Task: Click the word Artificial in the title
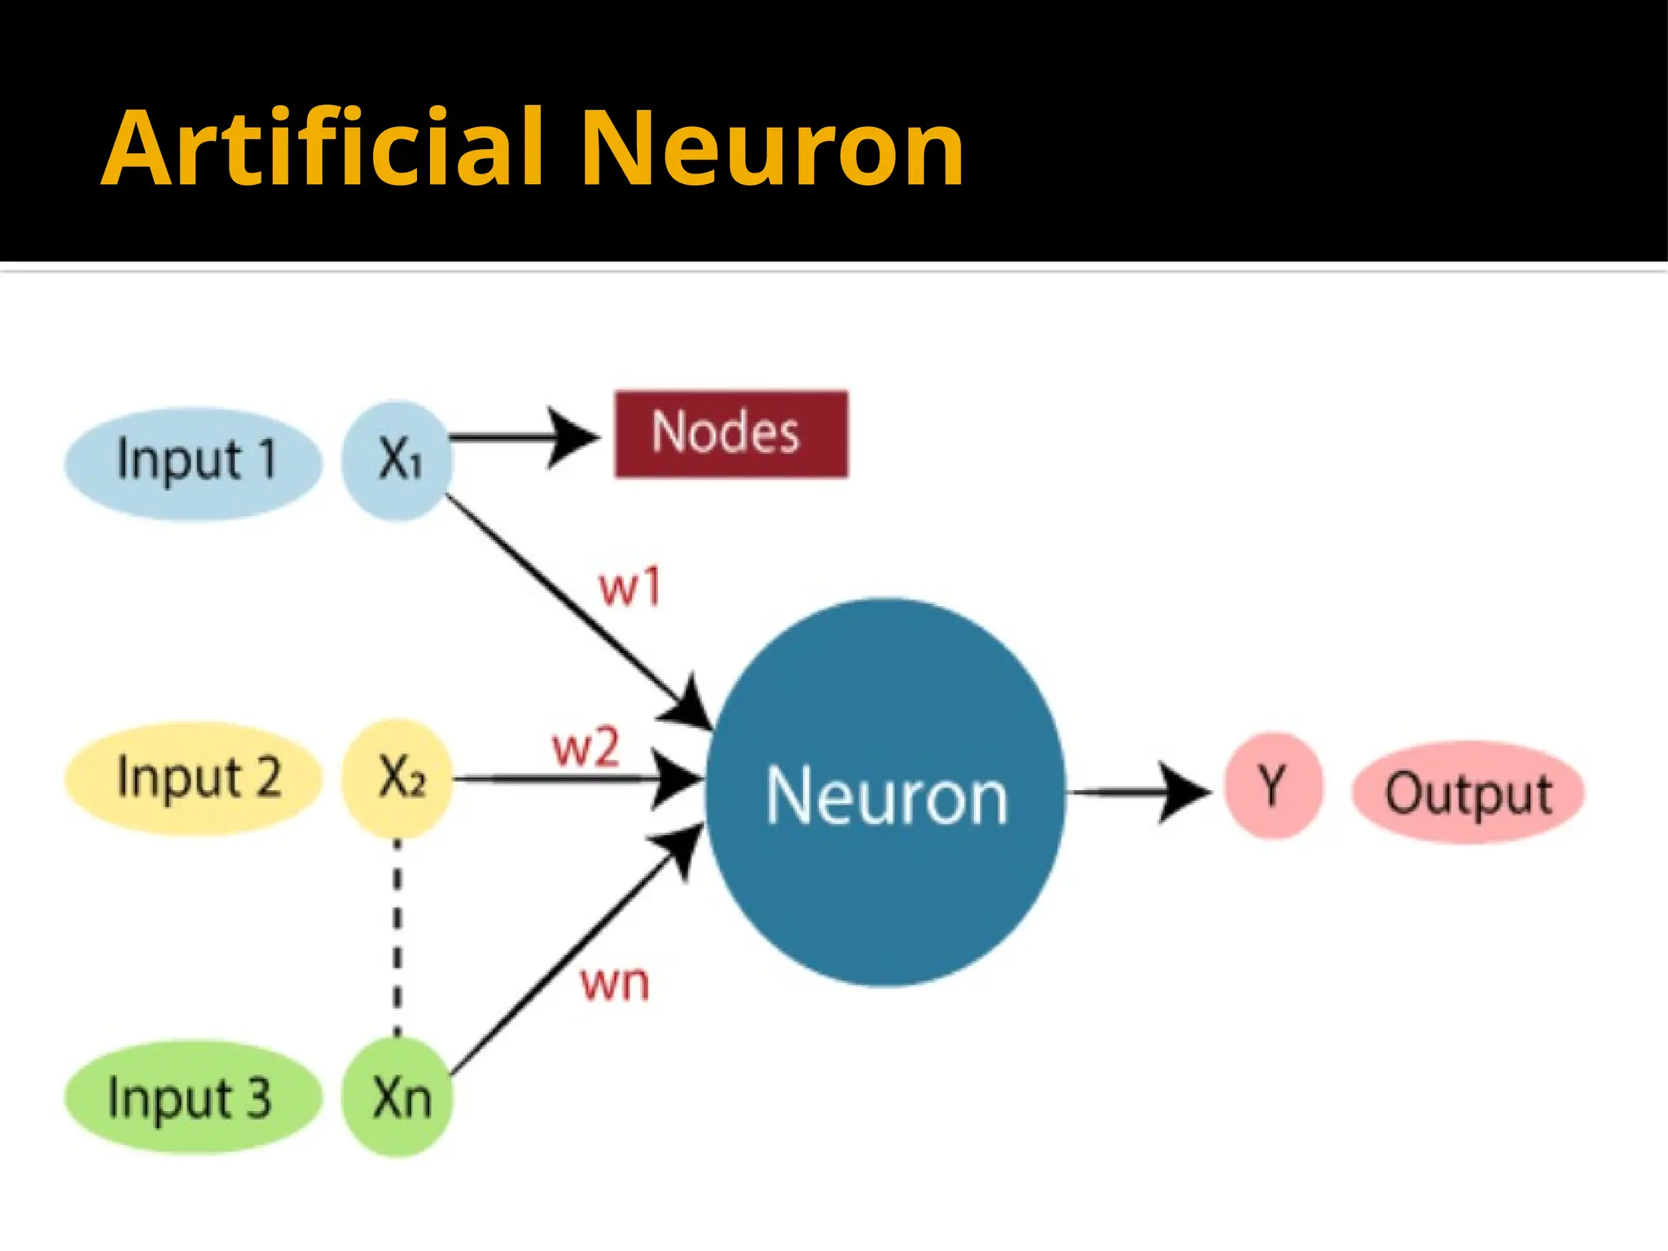click(x=322, y=148)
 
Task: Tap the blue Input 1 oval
click(x=193, y=462)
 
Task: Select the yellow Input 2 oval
click(x=193, y=778)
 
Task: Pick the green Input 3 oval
click(x=193, y=1097)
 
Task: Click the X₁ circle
click(x=397, y=460)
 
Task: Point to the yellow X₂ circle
click(x=397, y=778)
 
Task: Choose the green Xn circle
click(x=397, y=1097)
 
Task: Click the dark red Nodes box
click(x=731, y=433)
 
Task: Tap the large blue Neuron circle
click(x=885, y=792)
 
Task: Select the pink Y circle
click(x=1272, y=785)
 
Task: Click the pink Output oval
click(x=1468, y=792)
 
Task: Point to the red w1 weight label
click(x=629, y=587)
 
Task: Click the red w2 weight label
click(x=585, y=748)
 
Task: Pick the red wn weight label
click(x=615, y=983)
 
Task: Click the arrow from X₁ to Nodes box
click(x=521, y=437)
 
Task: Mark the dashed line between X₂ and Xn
click(x=397, y=937)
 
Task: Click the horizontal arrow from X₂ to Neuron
click(x=570, y=779)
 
